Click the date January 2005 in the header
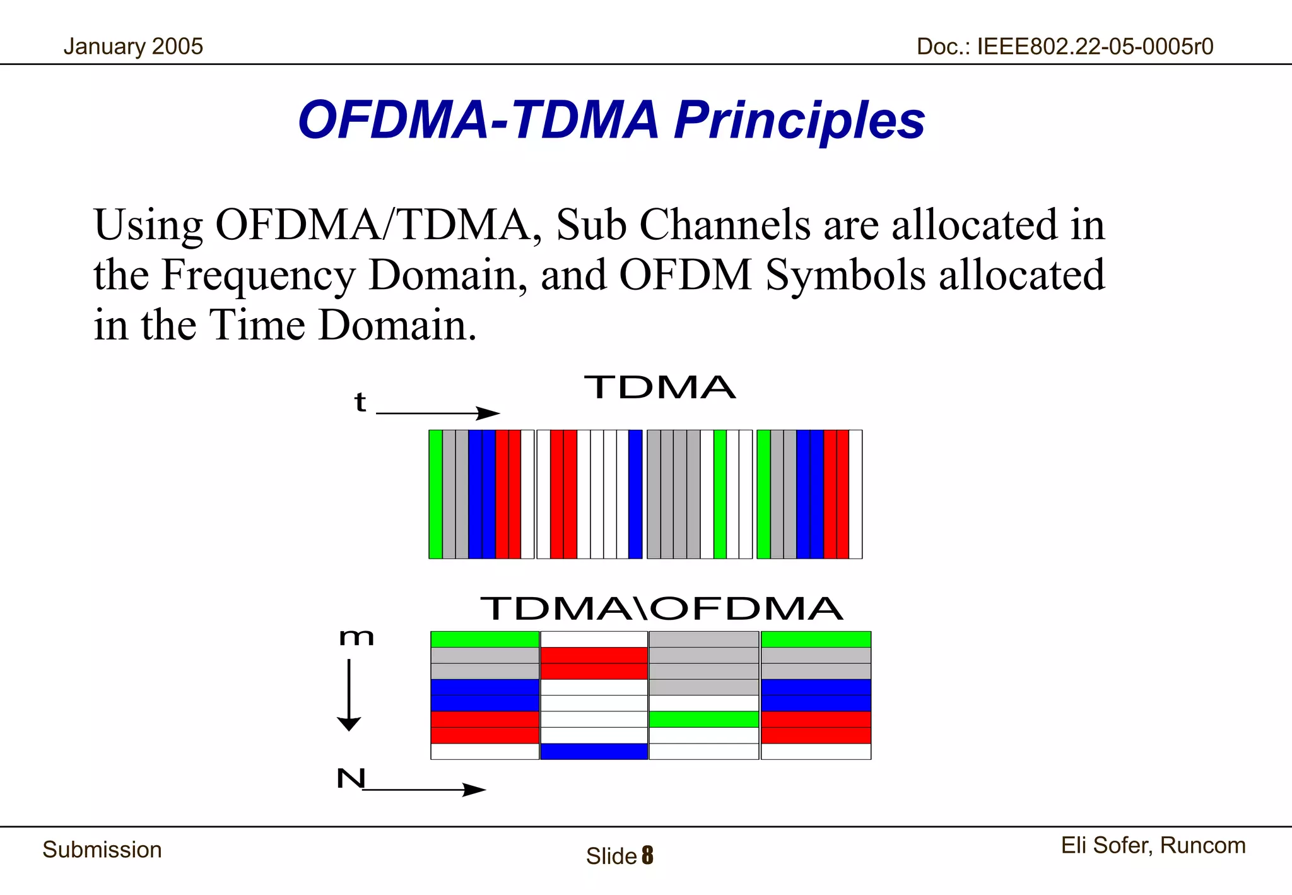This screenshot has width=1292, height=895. point(133,47)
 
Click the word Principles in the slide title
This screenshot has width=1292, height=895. point(799,120)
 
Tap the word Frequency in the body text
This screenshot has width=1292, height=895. point(258,275)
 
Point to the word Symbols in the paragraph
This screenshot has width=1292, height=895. point(846,275)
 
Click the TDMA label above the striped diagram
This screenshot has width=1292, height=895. point(660,388)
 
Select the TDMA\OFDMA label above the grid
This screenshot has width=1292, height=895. point(661,609)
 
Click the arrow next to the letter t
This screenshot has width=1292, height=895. point(437,413)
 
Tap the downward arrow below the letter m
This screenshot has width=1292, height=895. point(349,694)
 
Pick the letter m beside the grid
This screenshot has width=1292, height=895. point(356,637)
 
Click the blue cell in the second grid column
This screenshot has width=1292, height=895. point(594,751)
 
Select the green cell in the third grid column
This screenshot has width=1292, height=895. point(703,719)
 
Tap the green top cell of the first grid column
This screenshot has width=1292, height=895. point(484,639)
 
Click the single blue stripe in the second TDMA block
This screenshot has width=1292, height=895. point(635,494)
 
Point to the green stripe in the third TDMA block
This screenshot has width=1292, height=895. point(720,494)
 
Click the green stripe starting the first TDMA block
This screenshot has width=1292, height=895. point(435,494)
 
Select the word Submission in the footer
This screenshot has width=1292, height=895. point(102,850)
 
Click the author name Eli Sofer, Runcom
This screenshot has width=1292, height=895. point(1153,845)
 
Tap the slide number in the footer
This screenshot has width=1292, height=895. point(647,856)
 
